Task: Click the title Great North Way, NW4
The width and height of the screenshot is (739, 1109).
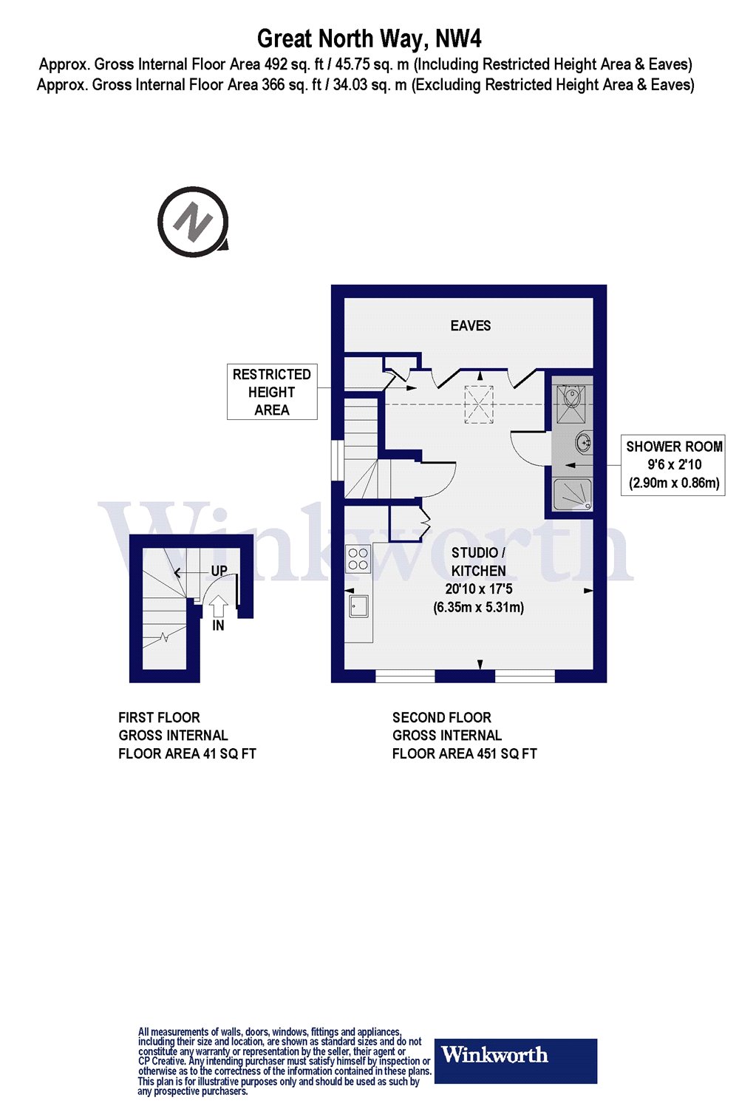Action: (369, 38)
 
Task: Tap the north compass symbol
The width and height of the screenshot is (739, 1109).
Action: (193, 222)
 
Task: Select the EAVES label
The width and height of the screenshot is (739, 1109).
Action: (471, 326)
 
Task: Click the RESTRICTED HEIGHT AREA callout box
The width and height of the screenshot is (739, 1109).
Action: (272, 393)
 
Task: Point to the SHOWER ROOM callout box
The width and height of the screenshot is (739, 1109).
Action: (673, 465)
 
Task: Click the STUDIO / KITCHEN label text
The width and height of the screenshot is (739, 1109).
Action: (479, 562)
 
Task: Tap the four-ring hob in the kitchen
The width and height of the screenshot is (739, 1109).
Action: (358, 559)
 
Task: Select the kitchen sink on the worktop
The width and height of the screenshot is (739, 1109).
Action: (360, 606)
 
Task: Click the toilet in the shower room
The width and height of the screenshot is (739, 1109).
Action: (572, 397)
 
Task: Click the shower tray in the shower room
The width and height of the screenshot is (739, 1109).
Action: (573, 495)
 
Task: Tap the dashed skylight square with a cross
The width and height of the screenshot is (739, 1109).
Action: (478, 405)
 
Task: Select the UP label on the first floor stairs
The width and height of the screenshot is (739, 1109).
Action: (219, 571)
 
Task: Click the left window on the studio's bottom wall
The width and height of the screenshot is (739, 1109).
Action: (405, 675)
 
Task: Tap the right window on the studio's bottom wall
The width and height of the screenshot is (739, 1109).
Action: (525, 675)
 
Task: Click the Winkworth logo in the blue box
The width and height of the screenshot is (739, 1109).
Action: (515, 1061)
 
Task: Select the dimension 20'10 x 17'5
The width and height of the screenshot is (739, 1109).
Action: (479, 589)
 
